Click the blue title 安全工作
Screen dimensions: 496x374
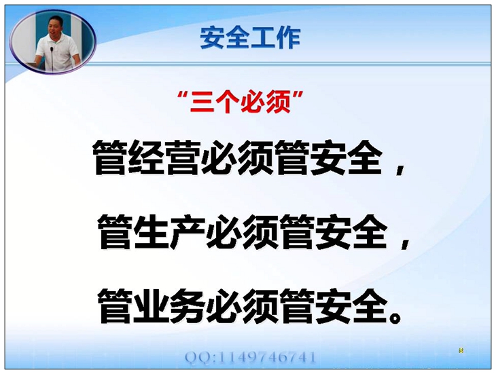[x=250, y=39]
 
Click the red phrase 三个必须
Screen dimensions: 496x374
[x=241, y=102]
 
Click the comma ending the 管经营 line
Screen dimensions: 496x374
[x=400, y=170]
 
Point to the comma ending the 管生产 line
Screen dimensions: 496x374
[x=405, y=244]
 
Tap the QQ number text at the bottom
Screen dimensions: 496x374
[x=250, y=357]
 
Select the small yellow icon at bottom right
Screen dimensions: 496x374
[x=461, y=350]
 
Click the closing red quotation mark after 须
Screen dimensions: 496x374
[x=298, y=96]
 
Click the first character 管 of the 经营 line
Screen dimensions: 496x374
[x=110, y=157]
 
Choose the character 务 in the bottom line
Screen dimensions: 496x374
[x=188, y=305]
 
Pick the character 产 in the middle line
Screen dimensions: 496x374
[x=188, y=232]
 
